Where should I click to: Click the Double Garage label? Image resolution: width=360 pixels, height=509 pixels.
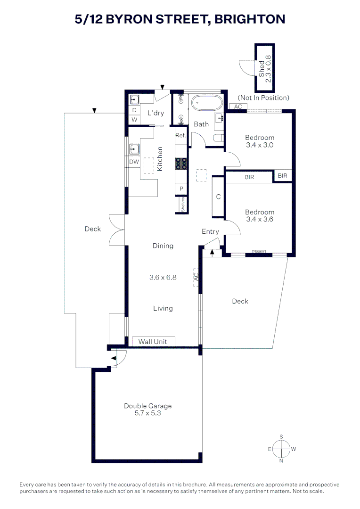(147, 406)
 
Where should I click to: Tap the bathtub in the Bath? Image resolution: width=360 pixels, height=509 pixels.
(207, 104)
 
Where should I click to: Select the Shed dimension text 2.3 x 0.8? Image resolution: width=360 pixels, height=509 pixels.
(268, 68)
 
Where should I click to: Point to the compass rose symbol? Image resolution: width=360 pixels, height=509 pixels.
(281, 449)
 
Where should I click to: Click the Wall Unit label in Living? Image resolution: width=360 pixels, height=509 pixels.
(153, 342)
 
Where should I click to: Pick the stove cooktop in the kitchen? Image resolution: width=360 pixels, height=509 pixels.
(181, 163)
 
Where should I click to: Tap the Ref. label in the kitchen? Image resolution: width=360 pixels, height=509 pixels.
(181, 135)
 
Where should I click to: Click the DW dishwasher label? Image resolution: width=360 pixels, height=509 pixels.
(134, 162)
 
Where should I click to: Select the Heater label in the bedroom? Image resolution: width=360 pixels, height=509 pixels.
(259, 252)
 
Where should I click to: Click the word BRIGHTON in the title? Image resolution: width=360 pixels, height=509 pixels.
(250, 19)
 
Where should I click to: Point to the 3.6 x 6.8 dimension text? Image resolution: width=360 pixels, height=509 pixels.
(163, 277)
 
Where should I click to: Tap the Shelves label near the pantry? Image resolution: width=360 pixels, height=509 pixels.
(183, 205)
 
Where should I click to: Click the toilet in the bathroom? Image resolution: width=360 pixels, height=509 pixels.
(219, 138)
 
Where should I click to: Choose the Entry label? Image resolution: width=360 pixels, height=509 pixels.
(210, 231)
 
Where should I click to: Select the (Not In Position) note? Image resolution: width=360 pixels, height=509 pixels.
(263, 98)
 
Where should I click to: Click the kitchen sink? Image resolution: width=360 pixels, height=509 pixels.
(134, 149)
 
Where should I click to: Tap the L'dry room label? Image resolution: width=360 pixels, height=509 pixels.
(156, 113)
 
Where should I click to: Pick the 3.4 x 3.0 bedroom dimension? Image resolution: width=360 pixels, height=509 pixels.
(260, 145)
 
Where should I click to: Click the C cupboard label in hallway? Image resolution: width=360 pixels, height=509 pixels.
(219, 197)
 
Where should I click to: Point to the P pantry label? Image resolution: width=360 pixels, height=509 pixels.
(181, 189)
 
